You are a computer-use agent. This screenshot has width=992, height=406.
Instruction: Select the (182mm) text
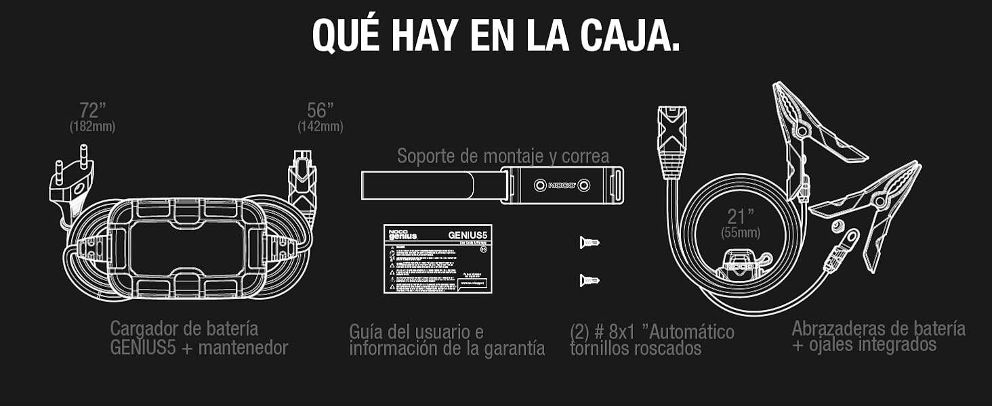click(x=92, y=127)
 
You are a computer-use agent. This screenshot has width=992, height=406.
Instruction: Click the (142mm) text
click(x=320, y=127)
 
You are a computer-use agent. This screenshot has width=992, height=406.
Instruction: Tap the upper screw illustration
click(x=589, y=242)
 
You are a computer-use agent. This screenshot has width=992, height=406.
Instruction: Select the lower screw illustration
click(x=589, y=279)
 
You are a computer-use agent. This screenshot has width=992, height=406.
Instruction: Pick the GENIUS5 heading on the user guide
click(x=468, y=235)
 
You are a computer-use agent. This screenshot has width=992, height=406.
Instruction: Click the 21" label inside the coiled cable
click(x=740, y=217)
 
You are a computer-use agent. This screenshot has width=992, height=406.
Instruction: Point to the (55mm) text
click(x=739, y=233)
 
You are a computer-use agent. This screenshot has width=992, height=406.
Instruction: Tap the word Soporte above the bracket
click(x=428, y=156)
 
